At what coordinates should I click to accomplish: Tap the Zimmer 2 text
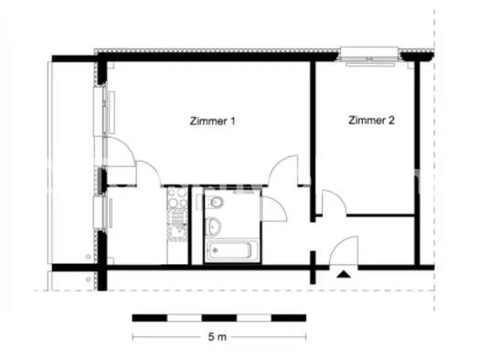(369, 120)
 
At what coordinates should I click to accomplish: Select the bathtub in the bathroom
(232, 249)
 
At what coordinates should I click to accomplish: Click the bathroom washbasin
(214, 226)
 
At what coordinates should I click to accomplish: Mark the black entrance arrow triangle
(344, 273)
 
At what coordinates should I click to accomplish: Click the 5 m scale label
(217, 337)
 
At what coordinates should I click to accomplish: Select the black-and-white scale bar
(219, 317)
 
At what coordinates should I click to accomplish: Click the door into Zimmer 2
(332, 204)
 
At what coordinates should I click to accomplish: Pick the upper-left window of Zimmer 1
(101, 111)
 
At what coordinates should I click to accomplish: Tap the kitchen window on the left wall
(101, 213)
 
